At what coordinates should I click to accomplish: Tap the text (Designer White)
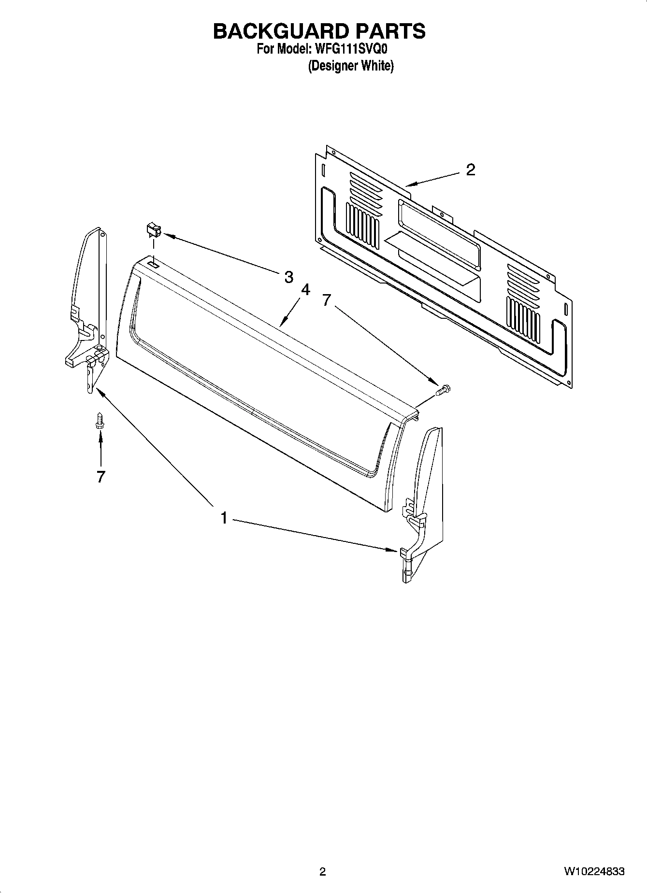(351, 66)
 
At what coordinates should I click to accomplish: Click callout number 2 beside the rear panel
(470, 170)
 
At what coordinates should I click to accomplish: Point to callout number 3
(288, 277)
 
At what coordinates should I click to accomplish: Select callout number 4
(305, 290)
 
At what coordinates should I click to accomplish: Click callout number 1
(224, 518)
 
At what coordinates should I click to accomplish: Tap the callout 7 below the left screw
(100, 477)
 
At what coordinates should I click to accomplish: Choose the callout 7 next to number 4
(327, 300)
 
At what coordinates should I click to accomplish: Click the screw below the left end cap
(100, 421)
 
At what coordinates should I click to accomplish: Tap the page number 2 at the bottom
(323, 871)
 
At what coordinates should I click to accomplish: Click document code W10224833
(593, 871)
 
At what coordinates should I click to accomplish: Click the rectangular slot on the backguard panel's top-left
(152, 265)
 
